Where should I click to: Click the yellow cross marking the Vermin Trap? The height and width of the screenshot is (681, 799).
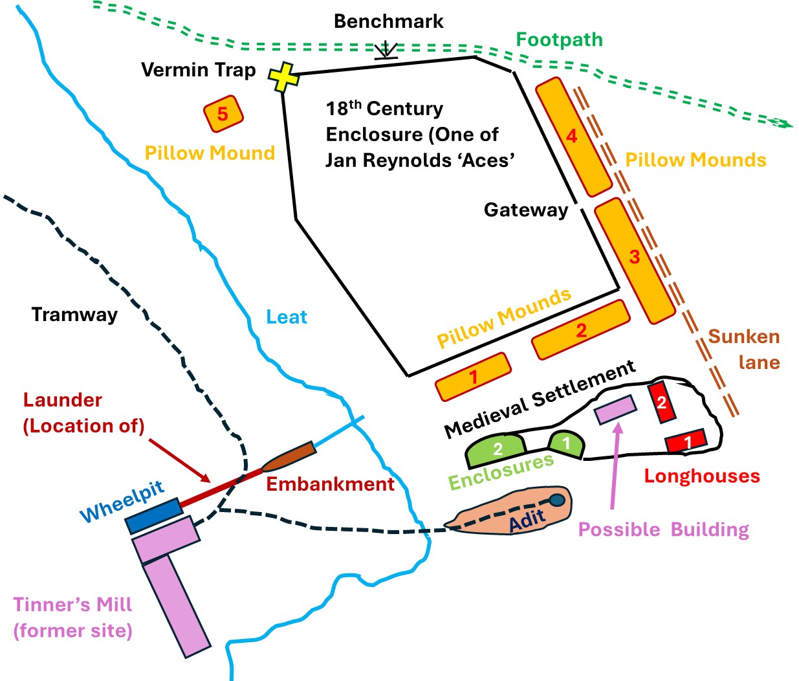[283, 78]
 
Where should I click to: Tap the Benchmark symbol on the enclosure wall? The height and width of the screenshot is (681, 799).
[386, 51]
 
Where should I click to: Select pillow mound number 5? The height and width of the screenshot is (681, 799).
[223, 114]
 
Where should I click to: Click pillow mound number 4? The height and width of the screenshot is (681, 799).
[573, 137]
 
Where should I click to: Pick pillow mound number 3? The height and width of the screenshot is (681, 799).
[635, 260]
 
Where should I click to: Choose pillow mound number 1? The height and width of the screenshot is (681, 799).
[473, 377]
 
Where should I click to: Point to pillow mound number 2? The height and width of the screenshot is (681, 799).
[580, 329]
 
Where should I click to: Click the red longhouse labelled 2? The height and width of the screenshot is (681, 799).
[662, 403]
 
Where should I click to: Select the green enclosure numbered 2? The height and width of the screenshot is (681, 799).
[496, 449]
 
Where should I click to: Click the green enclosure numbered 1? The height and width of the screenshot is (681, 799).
[566, 444]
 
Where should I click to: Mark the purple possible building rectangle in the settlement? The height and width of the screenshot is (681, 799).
[615, 410]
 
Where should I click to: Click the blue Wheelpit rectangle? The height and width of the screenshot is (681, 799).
[154, 515]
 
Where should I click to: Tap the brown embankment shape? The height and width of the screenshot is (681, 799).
[289, 457]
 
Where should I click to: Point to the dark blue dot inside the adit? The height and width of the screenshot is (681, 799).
[556, 500]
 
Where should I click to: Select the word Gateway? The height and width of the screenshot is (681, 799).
[525, 210]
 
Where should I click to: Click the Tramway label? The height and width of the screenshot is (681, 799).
[74, 315]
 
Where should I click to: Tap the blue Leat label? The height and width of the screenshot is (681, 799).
[287, 317]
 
